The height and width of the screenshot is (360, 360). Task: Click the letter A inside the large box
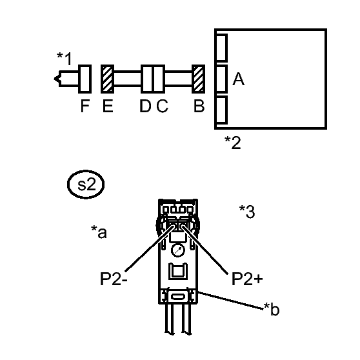point(238,79)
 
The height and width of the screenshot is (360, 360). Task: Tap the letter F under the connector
point(85,106)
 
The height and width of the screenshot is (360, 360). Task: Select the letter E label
point(108,106)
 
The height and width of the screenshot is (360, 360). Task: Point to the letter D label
point(145,106)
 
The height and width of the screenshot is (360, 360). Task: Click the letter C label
point(163,106)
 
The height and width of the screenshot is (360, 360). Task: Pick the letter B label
point(199,106)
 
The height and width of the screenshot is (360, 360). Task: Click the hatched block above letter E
point(108,79)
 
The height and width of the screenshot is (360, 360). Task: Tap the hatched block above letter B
point(198,79)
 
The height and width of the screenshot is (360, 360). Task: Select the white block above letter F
point(85,79)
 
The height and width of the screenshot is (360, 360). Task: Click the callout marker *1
point(65,59)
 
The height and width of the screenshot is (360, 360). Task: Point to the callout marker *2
point(233,143)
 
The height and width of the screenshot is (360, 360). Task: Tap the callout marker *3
point(247,212)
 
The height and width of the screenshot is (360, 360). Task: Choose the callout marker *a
point(99,232)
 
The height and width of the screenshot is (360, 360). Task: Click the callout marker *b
point(272,309)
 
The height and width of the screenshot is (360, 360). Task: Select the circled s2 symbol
point(86,185)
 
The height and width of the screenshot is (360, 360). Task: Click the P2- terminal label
point(114,279)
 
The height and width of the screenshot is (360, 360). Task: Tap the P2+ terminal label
point(247,279)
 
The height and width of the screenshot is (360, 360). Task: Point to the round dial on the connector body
point(178,250)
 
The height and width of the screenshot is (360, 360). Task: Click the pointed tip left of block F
point(54,79)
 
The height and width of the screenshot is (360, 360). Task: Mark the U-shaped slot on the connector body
point(178,272)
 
